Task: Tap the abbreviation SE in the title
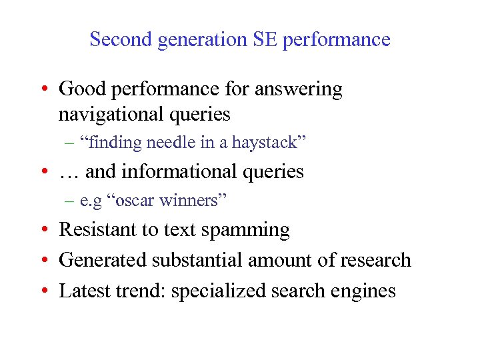point(265,39)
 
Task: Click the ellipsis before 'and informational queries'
point(69,173)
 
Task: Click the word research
point(379,260)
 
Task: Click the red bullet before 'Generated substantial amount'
point(43,261)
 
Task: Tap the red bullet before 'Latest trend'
point(43,291)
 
